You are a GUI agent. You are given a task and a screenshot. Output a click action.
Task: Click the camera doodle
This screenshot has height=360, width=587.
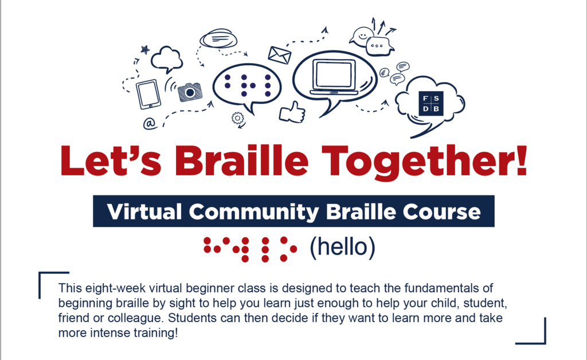click(x=190, y=92)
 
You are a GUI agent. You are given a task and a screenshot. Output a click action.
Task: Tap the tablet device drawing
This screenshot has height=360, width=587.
click(x=148, y=94)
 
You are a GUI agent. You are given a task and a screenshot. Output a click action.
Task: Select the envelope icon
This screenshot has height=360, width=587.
click(x=279, y=54)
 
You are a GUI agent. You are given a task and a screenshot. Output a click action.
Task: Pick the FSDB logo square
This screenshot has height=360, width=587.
click(x=431, y=102)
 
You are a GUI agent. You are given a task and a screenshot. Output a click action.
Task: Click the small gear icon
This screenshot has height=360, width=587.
click(x=237, y=119)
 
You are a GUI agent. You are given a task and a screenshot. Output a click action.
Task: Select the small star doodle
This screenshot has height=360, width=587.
click(x=145, y=50)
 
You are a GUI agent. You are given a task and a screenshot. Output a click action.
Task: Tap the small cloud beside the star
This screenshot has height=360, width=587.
click(x=167, y=58)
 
